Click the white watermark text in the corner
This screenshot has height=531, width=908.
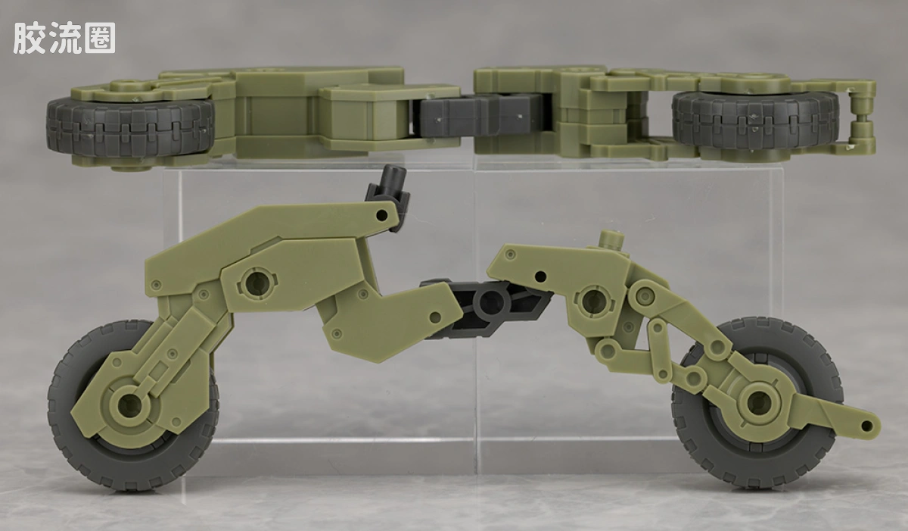coord(64,38)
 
